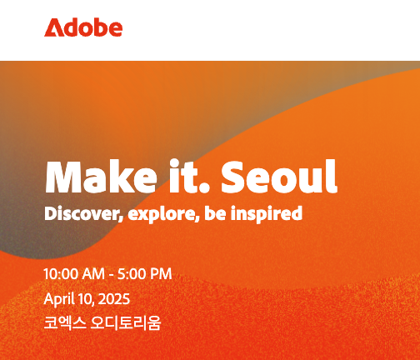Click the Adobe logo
(x=83, y=27)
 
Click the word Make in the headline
(x=101, y=177)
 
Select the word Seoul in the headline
(x=279, y=177)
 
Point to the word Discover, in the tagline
(x=83, y=214)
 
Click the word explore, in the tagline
(x=164, y=214)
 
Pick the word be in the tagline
(x=215, y=213)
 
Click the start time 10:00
(x=61, y=274)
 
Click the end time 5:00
(x=132, y=274)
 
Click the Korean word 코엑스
(x=65, y=323)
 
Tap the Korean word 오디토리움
(x=126, y=323)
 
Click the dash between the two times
(x=112, y=275)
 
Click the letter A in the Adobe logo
(x=53, y=27)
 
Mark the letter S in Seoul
(x=233, y=177)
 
